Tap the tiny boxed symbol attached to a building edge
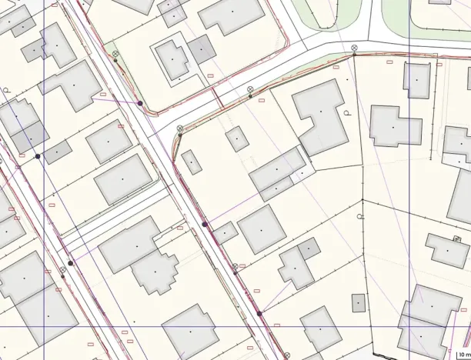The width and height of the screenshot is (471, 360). tap(457, 239)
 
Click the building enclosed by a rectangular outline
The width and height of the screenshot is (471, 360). tap(172, 58)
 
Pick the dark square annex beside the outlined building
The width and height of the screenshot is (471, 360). tap(202, 49)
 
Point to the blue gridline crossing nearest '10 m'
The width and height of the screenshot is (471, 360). tap(409, 326)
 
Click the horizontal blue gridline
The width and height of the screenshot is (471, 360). tap(231, 326)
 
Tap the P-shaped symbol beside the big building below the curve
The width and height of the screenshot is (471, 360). tap(347, 113)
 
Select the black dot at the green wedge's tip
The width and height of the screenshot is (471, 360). tap(140, 103)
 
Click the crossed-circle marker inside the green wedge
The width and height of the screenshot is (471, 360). tap(115, 54)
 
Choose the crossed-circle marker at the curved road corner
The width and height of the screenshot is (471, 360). tap(179, 128)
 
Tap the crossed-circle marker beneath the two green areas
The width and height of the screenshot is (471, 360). tap(354, 48)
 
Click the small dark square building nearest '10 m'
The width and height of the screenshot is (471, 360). tap(359, 302)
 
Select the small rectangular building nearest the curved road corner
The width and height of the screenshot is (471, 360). tap(191, 162)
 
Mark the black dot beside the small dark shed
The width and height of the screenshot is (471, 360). tap(37, 156)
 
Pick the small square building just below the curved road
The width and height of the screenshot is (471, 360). tap(236, 138)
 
